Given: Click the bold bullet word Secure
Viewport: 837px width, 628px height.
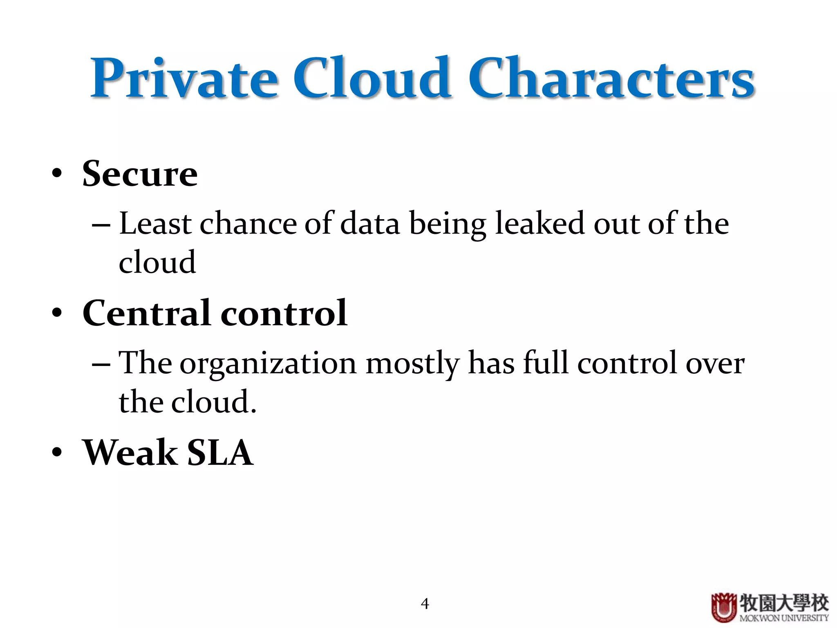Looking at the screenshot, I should coord(140,174).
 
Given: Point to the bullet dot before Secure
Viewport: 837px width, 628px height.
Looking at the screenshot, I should coord(57,173).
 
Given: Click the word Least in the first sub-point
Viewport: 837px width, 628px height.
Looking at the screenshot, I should coord(155,224).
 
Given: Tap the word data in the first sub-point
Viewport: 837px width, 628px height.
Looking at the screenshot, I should coord(370,224).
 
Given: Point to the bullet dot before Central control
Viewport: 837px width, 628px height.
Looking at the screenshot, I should coord(57,313).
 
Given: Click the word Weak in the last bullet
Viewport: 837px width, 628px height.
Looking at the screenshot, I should coord(130,453).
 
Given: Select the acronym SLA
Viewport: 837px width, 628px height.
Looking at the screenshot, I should coord(220,453).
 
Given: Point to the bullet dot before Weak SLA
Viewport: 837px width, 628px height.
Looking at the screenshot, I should coord(57,453).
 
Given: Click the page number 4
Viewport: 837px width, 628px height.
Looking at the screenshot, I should coord(425,603).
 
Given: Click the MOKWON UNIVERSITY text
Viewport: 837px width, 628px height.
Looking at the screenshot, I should coord(784,618).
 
